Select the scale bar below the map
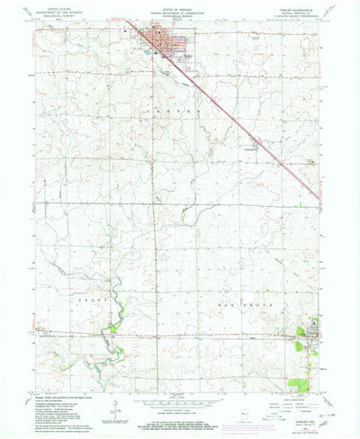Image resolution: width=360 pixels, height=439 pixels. [179, 396]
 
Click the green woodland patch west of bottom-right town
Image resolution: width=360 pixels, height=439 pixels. [300, 341]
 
